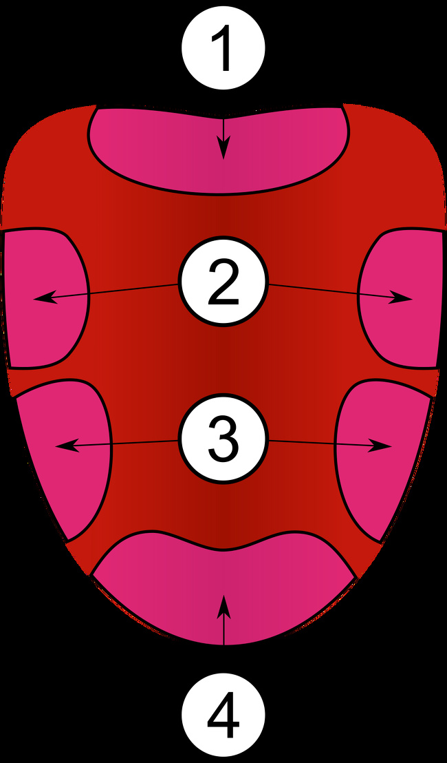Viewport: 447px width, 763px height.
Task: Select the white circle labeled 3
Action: pos(223,439)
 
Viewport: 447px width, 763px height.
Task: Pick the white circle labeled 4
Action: pos(223,715)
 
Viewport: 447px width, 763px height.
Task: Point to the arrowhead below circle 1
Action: pos(223,149)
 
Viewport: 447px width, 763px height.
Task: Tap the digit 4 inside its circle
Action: pos(223,716)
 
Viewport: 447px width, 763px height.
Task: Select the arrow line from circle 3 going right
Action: pos(316,443)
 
